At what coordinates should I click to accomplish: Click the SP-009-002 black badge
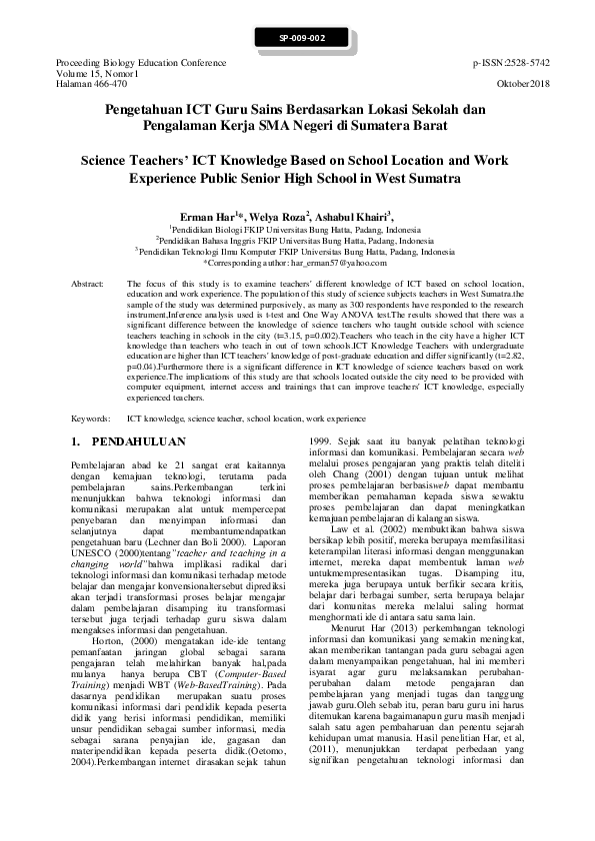[297, 38]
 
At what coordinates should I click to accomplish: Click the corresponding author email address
[331, 263]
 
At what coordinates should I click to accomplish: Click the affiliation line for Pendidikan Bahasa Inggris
[296, 241]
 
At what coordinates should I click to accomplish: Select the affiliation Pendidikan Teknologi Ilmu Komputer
[296, 252]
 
